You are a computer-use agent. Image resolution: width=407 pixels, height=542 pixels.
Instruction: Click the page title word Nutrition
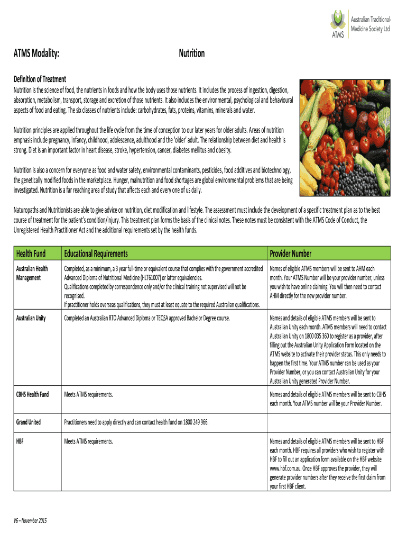tap(192, 54)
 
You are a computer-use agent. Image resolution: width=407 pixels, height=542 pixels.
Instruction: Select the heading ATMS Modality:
tap(36, 54)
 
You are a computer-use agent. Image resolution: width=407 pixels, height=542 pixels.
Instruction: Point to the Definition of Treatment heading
tap(40, 79)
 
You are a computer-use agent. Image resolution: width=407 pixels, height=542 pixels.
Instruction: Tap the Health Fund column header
tap(33, 254)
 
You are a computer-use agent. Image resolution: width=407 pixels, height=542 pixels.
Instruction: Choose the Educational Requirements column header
tap(96, 254)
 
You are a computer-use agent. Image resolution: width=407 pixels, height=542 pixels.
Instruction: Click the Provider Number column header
tap(291, 254)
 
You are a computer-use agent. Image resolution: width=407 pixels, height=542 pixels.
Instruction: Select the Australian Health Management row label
tap(32, 273)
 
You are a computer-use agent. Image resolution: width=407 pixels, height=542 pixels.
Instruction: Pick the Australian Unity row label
tap(31, 318)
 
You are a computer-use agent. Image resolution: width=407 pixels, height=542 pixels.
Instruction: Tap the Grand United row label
tap(29, 422)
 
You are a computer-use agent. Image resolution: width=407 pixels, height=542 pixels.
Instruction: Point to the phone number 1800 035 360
tap(316, 336)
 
